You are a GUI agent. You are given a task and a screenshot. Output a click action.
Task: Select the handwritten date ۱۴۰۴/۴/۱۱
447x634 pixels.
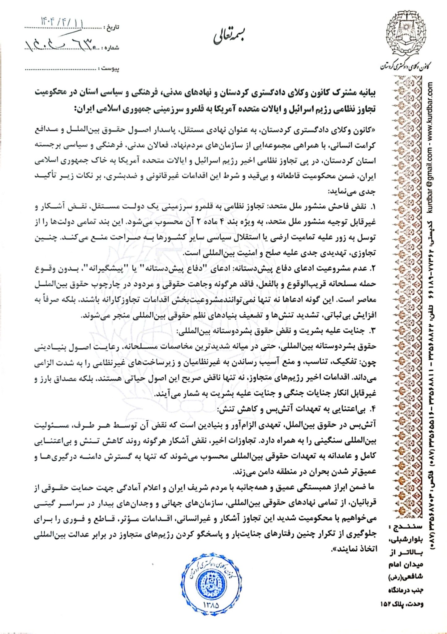click(x=62, y=22)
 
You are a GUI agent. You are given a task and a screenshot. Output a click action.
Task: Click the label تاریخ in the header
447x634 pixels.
click(x=113, y=27)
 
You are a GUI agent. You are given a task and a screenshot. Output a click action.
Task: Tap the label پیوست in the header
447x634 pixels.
click(x=111, y=69)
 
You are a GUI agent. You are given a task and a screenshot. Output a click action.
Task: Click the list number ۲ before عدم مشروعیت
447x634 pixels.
click(x=373, y=269)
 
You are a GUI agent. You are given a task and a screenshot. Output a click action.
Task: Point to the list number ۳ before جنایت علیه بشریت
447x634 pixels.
click(x=373, y=331)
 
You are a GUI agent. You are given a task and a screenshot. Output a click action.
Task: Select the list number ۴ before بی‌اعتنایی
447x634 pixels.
click(x=373, y=409)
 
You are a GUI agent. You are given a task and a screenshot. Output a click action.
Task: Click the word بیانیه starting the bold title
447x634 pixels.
click(x=365, y=93)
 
